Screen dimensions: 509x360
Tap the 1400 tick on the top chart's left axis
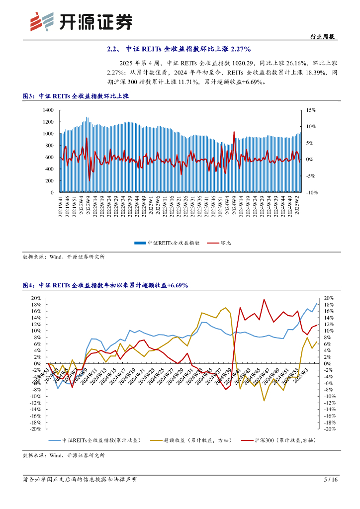pos(48,110)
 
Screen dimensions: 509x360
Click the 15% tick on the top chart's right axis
pos(311,110)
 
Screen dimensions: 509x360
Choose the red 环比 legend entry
pos(225,243)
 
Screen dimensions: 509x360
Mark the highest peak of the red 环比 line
pos(234,132)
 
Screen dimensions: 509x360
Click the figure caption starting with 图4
pos(105,285)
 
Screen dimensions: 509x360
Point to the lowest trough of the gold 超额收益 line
pos(264,401)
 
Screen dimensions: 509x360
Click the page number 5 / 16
pos(331,480)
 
